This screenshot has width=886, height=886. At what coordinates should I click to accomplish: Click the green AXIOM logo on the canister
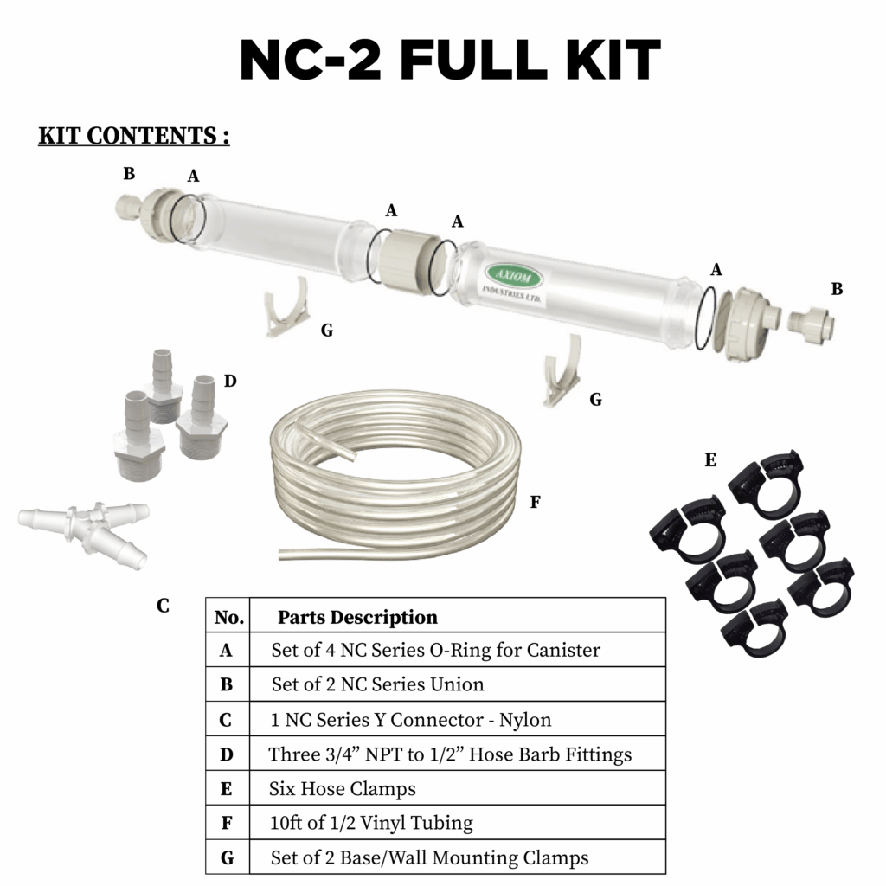(514, 277)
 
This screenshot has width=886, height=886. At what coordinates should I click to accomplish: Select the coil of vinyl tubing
(395, 475)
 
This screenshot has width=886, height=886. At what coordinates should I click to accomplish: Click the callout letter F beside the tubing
(535, 502)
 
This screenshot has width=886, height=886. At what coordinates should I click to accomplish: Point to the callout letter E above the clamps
(710, 460)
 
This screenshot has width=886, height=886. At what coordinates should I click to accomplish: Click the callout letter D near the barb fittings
(230, 381)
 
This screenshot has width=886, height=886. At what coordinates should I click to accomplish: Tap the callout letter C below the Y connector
(163, 606)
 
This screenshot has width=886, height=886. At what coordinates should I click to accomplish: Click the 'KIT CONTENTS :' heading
(134, 136)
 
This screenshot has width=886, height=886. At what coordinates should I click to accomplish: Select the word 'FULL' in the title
(473, 60)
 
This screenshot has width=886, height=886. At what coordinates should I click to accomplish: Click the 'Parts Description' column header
(357, 617)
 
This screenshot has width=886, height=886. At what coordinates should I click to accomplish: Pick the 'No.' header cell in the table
(228, 617)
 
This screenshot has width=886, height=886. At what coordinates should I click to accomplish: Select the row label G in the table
(227, 857)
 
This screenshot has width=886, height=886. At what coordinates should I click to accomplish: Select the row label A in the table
(226, 651)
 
